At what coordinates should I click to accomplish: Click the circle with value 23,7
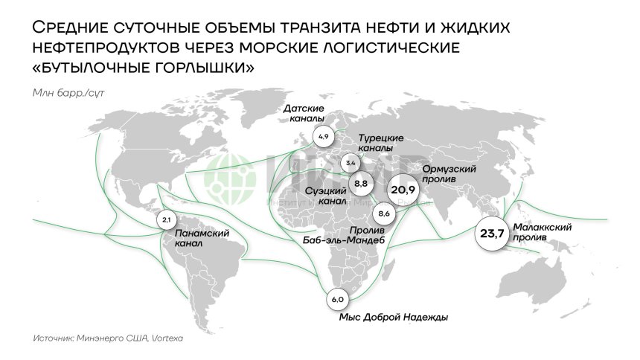492,234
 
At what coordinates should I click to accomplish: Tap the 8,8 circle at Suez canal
362,182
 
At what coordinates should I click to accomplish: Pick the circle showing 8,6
385,214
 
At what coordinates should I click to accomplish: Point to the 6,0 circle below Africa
337,299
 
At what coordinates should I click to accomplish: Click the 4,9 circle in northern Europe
323,138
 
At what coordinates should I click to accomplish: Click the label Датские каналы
304,115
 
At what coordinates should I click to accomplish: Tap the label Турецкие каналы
381,144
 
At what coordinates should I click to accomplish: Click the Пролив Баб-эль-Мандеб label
349,234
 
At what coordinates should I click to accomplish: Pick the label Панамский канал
202,237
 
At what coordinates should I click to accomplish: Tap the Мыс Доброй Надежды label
394,318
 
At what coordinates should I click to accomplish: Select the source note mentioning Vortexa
108,338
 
